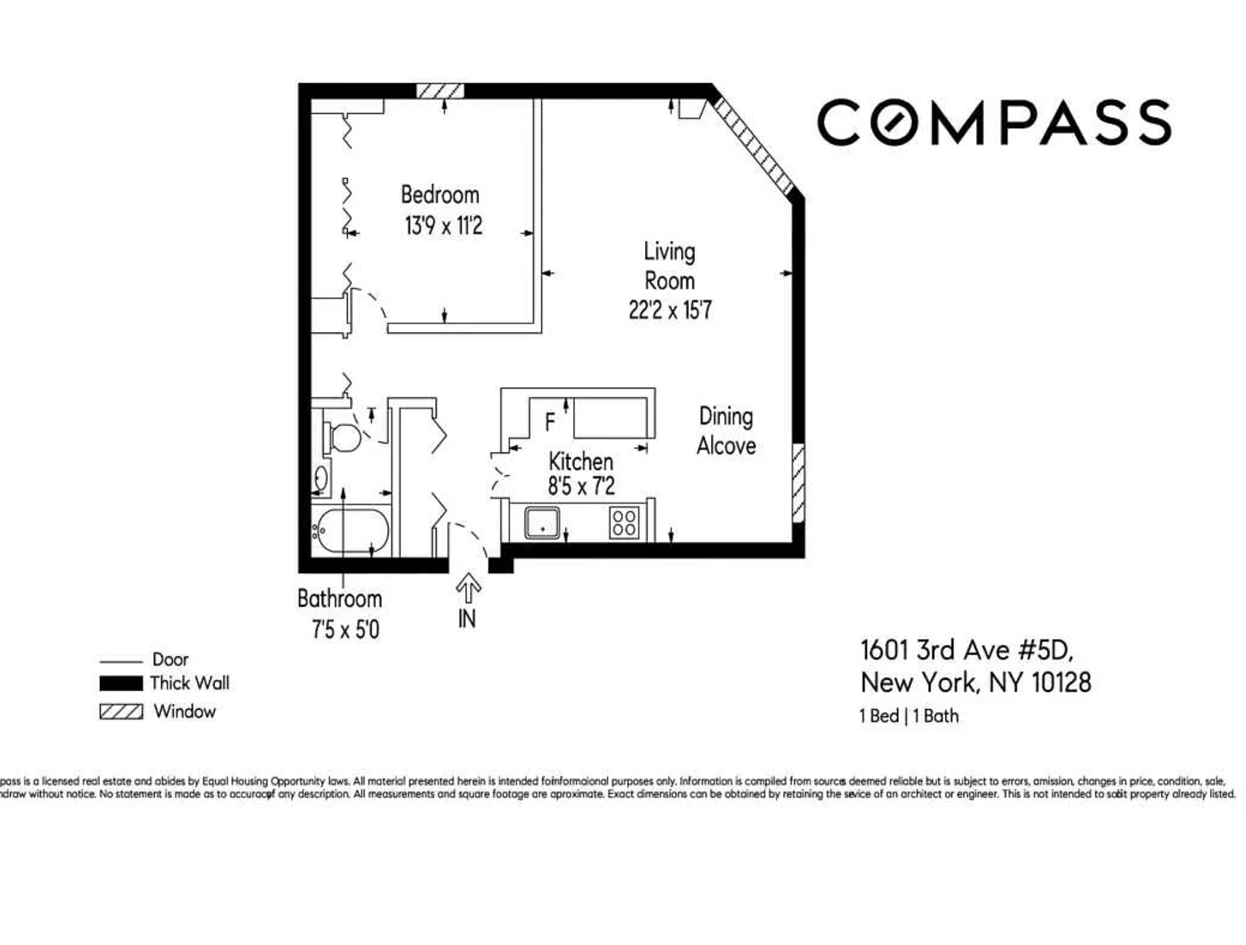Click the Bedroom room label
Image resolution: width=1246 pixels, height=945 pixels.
[440, 195]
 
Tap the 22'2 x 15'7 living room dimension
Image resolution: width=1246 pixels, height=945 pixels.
[670, 310]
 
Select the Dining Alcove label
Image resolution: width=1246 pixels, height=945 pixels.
[726, 431]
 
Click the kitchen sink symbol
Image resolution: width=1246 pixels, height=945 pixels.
[542, 522]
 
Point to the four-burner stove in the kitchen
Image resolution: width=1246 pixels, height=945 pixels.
[624, 522]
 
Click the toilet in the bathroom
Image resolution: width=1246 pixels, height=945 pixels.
[342, 438]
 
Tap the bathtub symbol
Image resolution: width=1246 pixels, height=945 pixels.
[352, 531]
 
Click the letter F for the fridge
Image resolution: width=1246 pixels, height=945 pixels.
[550, 422]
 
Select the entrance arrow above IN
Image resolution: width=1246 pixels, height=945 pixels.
[468, 588]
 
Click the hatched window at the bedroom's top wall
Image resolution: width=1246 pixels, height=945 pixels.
[440, 91]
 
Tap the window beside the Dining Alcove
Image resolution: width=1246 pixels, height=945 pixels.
[798, 484]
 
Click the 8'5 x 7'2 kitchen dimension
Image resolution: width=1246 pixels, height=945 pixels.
[581, 486]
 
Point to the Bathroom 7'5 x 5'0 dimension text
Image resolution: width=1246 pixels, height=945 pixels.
[345, 629]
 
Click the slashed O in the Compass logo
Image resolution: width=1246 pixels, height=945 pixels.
[893, 122]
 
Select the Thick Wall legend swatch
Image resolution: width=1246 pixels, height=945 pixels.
[121, 683]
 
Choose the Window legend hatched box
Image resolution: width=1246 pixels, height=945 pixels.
[121, 712]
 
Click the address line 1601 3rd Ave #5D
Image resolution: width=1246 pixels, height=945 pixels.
[966, 650]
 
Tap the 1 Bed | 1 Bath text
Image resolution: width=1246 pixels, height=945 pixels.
[909, 716]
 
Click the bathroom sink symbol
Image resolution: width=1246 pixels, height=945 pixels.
[320, 478]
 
